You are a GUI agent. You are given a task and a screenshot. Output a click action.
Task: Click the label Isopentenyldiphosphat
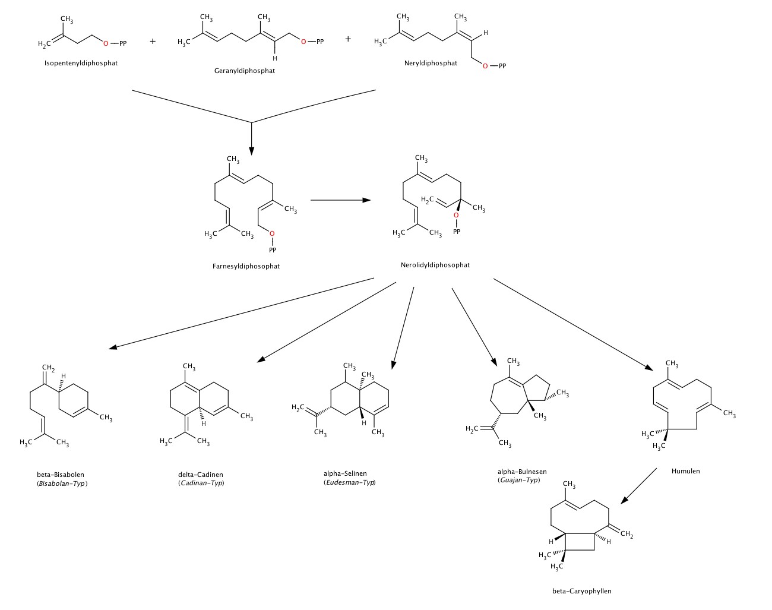point(81,62)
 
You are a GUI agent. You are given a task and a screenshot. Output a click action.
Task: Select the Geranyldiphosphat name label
point(245,71)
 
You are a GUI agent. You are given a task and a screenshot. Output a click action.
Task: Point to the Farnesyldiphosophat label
point(246,266)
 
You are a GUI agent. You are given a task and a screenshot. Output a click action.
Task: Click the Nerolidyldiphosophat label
point(435,265)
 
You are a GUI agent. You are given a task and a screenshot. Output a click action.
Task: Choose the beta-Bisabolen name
point(61,475)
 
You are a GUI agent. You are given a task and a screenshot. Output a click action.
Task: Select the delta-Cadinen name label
point(201,475)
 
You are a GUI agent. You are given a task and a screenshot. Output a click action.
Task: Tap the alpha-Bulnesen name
point(522,472)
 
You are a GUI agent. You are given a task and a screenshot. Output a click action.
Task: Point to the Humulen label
point(686,471)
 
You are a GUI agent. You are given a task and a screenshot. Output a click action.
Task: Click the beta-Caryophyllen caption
point(581,591)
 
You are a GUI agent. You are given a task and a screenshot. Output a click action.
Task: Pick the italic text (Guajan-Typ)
point(519,480)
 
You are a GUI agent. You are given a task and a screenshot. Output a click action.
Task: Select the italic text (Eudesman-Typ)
point(350,482)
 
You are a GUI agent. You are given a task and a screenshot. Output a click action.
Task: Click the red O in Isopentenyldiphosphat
point(106,43)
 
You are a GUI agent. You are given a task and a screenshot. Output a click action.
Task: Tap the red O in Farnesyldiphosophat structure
point(272,233)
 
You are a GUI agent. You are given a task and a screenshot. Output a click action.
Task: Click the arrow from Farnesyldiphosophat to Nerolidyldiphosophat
point(340,200)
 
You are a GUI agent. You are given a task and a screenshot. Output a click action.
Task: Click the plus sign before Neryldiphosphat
point(348,39)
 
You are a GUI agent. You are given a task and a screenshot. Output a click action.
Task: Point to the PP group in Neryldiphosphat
point(502,66)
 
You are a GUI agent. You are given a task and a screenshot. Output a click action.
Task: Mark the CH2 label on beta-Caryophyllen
point(627,536)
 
